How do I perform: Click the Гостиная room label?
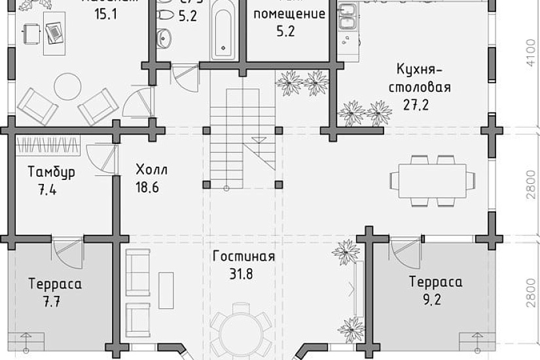(243, 257)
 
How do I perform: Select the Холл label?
(152, 170)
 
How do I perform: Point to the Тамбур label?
(51, 172)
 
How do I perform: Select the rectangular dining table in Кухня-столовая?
(432, 180)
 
